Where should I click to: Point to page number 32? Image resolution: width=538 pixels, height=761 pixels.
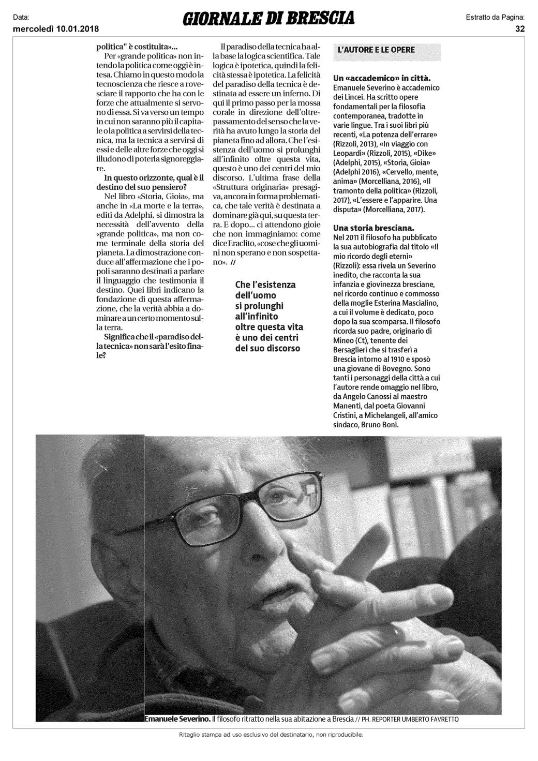click(520, 28)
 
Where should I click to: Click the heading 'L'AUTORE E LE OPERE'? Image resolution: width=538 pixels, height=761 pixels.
click(376, 50)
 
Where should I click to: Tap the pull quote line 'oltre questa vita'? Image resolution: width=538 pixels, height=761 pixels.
click(269, 327)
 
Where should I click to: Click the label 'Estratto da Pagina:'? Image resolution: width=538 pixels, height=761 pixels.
click(499, 18)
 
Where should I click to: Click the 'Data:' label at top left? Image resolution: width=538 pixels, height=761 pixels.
click(20, 18)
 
